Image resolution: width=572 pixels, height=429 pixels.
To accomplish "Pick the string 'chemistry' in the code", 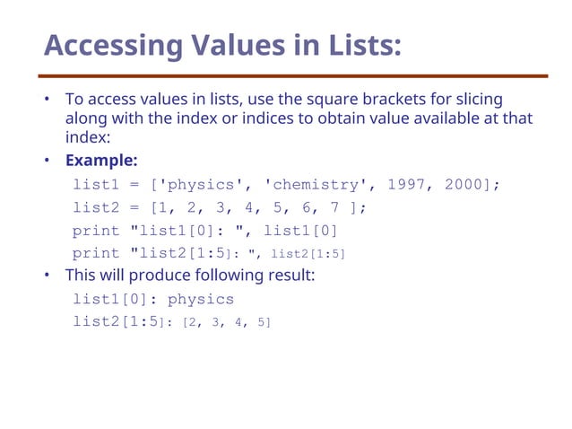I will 318,185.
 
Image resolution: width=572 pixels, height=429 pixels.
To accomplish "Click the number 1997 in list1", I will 405,185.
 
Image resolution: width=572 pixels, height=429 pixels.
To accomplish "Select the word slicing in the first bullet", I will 478,99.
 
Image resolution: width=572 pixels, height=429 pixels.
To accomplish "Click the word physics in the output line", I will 201,299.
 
